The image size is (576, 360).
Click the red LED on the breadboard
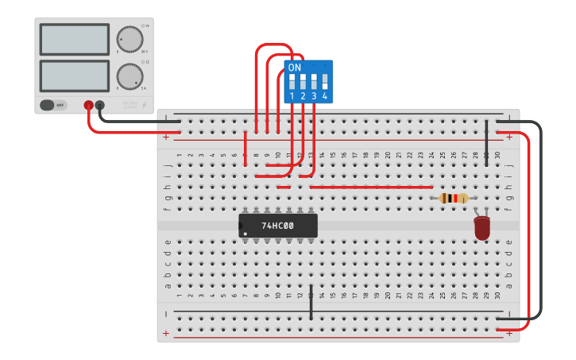[x=482, y=227]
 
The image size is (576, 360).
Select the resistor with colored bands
[x=453, y=198]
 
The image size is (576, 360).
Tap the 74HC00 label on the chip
[x=277, y=226]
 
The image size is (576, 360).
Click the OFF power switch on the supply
[x=53, y=105]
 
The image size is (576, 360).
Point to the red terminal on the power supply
[x=88, y=105]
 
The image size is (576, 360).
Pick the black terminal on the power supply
[x=99, y=105]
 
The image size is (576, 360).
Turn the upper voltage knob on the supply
[x=130, y=39]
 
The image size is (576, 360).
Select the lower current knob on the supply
[x=130, y=76]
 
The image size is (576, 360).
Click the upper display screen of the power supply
[x=74, y=39]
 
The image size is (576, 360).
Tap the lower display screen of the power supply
[x=74, y=75]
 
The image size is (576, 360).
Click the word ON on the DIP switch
[x=295, y=68]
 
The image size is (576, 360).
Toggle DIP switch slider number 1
[x=292, y=81]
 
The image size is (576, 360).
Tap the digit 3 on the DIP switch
[x=314, y=96]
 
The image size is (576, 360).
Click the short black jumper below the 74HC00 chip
[x=311, y=302]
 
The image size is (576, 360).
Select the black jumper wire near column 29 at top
[x=486, y=143]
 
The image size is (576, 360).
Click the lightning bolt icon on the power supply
[x=144, y=104]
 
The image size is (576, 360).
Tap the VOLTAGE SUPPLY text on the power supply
[x=130, y=104]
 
